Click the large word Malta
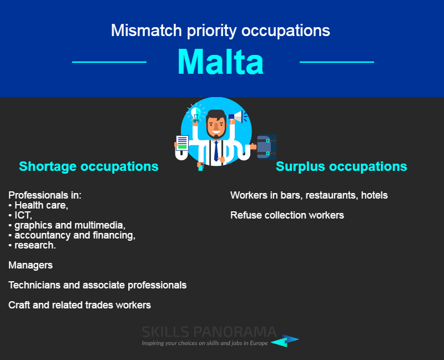click(220, 62)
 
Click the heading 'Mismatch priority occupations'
click(220, 31)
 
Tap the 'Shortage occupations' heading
click(89, 166)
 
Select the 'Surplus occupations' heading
click(341, 166)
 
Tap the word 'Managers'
click(31, 265)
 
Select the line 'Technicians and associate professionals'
click(98, 285)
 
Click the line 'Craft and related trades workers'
click(79, 305)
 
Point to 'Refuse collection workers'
click(287, 215)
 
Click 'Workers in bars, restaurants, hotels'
click(309, 195)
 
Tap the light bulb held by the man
click(196, 114)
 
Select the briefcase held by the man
click(266, 147)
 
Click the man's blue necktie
click(216, 150)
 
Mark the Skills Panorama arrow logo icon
click(285, 341)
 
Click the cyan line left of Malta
click(109, 62)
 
